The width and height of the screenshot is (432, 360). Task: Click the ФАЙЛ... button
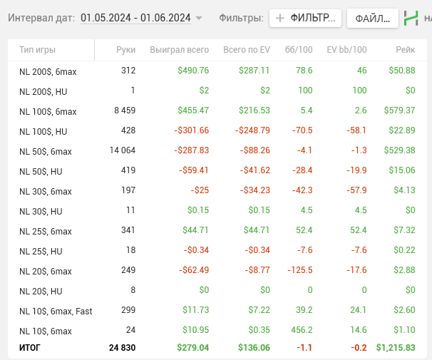tap(372, 19)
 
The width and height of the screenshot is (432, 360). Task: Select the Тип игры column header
tap(38, 50)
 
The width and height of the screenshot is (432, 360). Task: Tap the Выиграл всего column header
tap(179, 50)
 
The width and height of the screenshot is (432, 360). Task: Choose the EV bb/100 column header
tap(346, 50)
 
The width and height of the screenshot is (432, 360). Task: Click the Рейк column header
tap(406, 50)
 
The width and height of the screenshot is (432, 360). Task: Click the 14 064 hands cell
tap(122, 150)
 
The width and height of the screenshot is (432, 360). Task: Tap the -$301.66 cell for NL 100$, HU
tap(191, 130)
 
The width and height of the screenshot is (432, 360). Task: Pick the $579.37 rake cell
tap(399, 110)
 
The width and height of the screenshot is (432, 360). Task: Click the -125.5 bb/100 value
tap(298, 271)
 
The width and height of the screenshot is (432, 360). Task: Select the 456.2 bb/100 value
tap(300, 331)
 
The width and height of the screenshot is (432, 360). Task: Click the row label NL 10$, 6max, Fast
tap(56, 311)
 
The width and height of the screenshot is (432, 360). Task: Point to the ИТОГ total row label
tap(31, 347)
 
